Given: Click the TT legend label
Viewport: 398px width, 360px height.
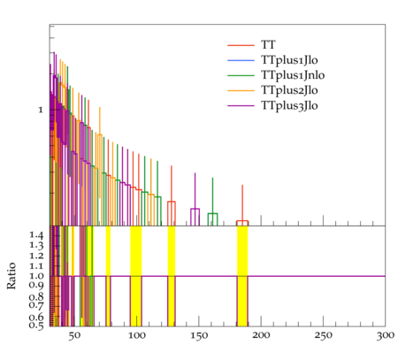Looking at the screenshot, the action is click(268, 45).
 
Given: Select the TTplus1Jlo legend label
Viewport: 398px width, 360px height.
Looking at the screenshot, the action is click(289, 60).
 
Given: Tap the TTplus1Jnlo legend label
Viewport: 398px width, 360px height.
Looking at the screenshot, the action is click(293, 75).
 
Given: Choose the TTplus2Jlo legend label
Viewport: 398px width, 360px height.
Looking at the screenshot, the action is click(289, 90).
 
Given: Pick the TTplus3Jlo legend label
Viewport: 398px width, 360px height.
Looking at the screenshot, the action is click(289, 105).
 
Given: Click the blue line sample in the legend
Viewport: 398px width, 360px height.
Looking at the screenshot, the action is click(241, 60).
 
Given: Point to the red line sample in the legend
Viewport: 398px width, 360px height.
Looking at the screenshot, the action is click(241, 45).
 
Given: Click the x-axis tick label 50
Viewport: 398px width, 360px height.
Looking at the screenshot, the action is click(74, 336).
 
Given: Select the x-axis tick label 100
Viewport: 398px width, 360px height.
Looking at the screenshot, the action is click(137, 336).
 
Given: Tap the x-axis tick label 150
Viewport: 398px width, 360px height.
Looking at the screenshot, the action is click(199, 336).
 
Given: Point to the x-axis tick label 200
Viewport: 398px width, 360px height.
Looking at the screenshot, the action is click(261, 335).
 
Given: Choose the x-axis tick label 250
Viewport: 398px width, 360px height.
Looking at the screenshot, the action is click(324, 336).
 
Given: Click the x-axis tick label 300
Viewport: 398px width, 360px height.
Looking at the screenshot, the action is click(386, 335).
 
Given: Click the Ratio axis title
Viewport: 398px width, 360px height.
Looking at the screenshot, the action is click(11, 276).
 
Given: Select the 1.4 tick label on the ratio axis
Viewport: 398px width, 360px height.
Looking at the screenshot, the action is click(36, 235).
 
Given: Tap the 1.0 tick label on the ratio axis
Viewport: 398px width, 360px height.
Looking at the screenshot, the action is click(36, 276).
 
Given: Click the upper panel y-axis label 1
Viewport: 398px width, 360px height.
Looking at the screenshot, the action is click(41, 111).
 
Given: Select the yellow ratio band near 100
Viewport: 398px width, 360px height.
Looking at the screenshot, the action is click(136, 276).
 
